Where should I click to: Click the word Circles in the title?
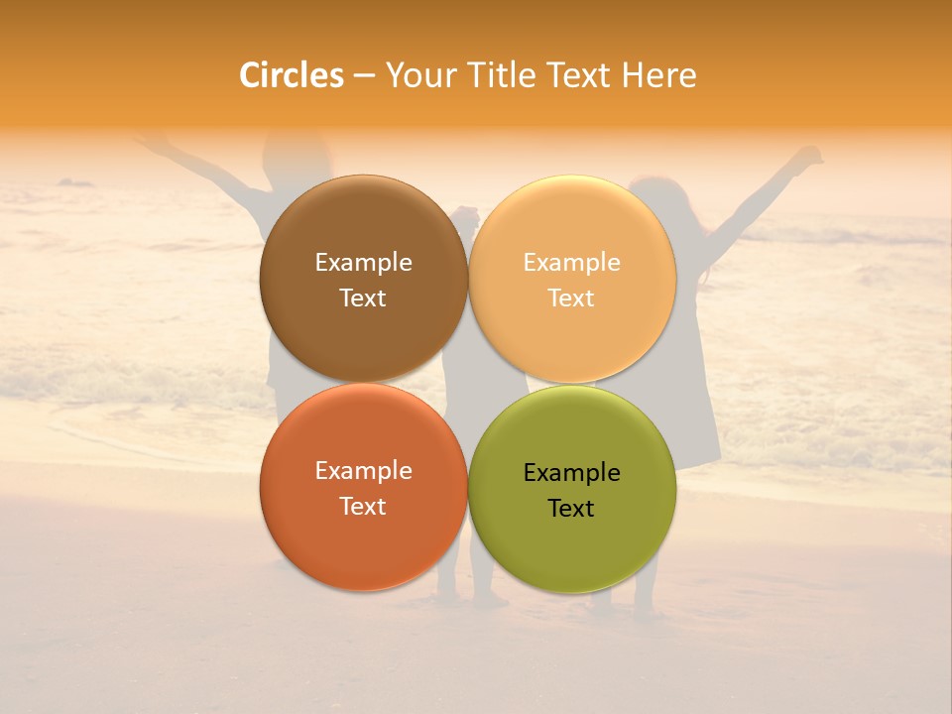coord(292,75)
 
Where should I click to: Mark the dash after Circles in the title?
coord(364,76)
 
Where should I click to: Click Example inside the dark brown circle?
coord(363,263)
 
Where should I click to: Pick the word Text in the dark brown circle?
coord(363,298)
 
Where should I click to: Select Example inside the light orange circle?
coord(571,263)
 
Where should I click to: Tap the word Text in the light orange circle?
coord(571,298)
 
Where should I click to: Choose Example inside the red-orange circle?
coord(363,471)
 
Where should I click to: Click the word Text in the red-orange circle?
coord(363,507)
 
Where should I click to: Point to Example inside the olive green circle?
coord(571,473)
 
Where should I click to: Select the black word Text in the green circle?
coord(571,509)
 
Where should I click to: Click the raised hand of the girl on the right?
coord(811,156)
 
